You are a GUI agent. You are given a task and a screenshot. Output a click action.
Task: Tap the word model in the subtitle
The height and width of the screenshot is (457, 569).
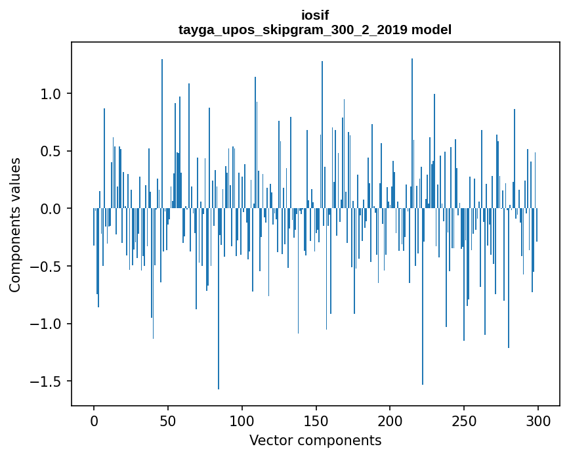(x=431, y=30)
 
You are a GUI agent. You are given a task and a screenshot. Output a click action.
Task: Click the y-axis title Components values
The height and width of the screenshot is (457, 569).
(x=14, y=225)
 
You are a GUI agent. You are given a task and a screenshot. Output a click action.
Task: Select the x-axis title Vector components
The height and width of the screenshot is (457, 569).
(x=315, y=440)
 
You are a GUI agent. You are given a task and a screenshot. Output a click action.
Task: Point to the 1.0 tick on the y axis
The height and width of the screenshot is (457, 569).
(x=52, y=94)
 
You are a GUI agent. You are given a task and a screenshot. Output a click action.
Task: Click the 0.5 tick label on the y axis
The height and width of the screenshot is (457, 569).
(x=52, y=151)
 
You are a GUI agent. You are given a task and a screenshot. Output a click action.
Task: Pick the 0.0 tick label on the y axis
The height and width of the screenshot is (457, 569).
(x=52, y=209)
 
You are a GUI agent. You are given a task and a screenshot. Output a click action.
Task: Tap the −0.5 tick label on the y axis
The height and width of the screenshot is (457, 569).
(x=47, y=267)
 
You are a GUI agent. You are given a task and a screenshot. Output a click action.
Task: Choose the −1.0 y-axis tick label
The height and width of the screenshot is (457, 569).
(x=47, y=324)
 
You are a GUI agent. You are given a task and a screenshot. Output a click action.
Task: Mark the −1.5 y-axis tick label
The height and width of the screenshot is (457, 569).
(x=47, y=381)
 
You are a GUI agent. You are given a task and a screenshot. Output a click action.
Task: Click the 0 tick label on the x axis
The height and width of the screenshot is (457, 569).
(x=94, y=420)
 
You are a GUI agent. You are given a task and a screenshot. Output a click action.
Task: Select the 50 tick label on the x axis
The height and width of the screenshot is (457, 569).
(x=168, y=420)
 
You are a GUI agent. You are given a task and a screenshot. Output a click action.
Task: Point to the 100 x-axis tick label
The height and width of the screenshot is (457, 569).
(x=242, y=420)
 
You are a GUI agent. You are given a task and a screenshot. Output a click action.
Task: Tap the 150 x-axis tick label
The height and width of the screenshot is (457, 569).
(x=316, y=420)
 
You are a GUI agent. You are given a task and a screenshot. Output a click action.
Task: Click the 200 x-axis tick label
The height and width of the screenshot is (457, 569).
(x=390, y=420)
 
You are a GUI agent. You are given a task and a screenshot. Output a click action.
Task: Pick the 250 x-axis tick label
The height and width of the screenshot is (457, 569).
(x=464, y=420)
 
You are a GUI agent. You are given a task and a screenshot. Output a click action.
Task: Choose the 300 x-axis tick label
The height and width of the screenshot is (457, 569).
(x=538, y=420)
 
